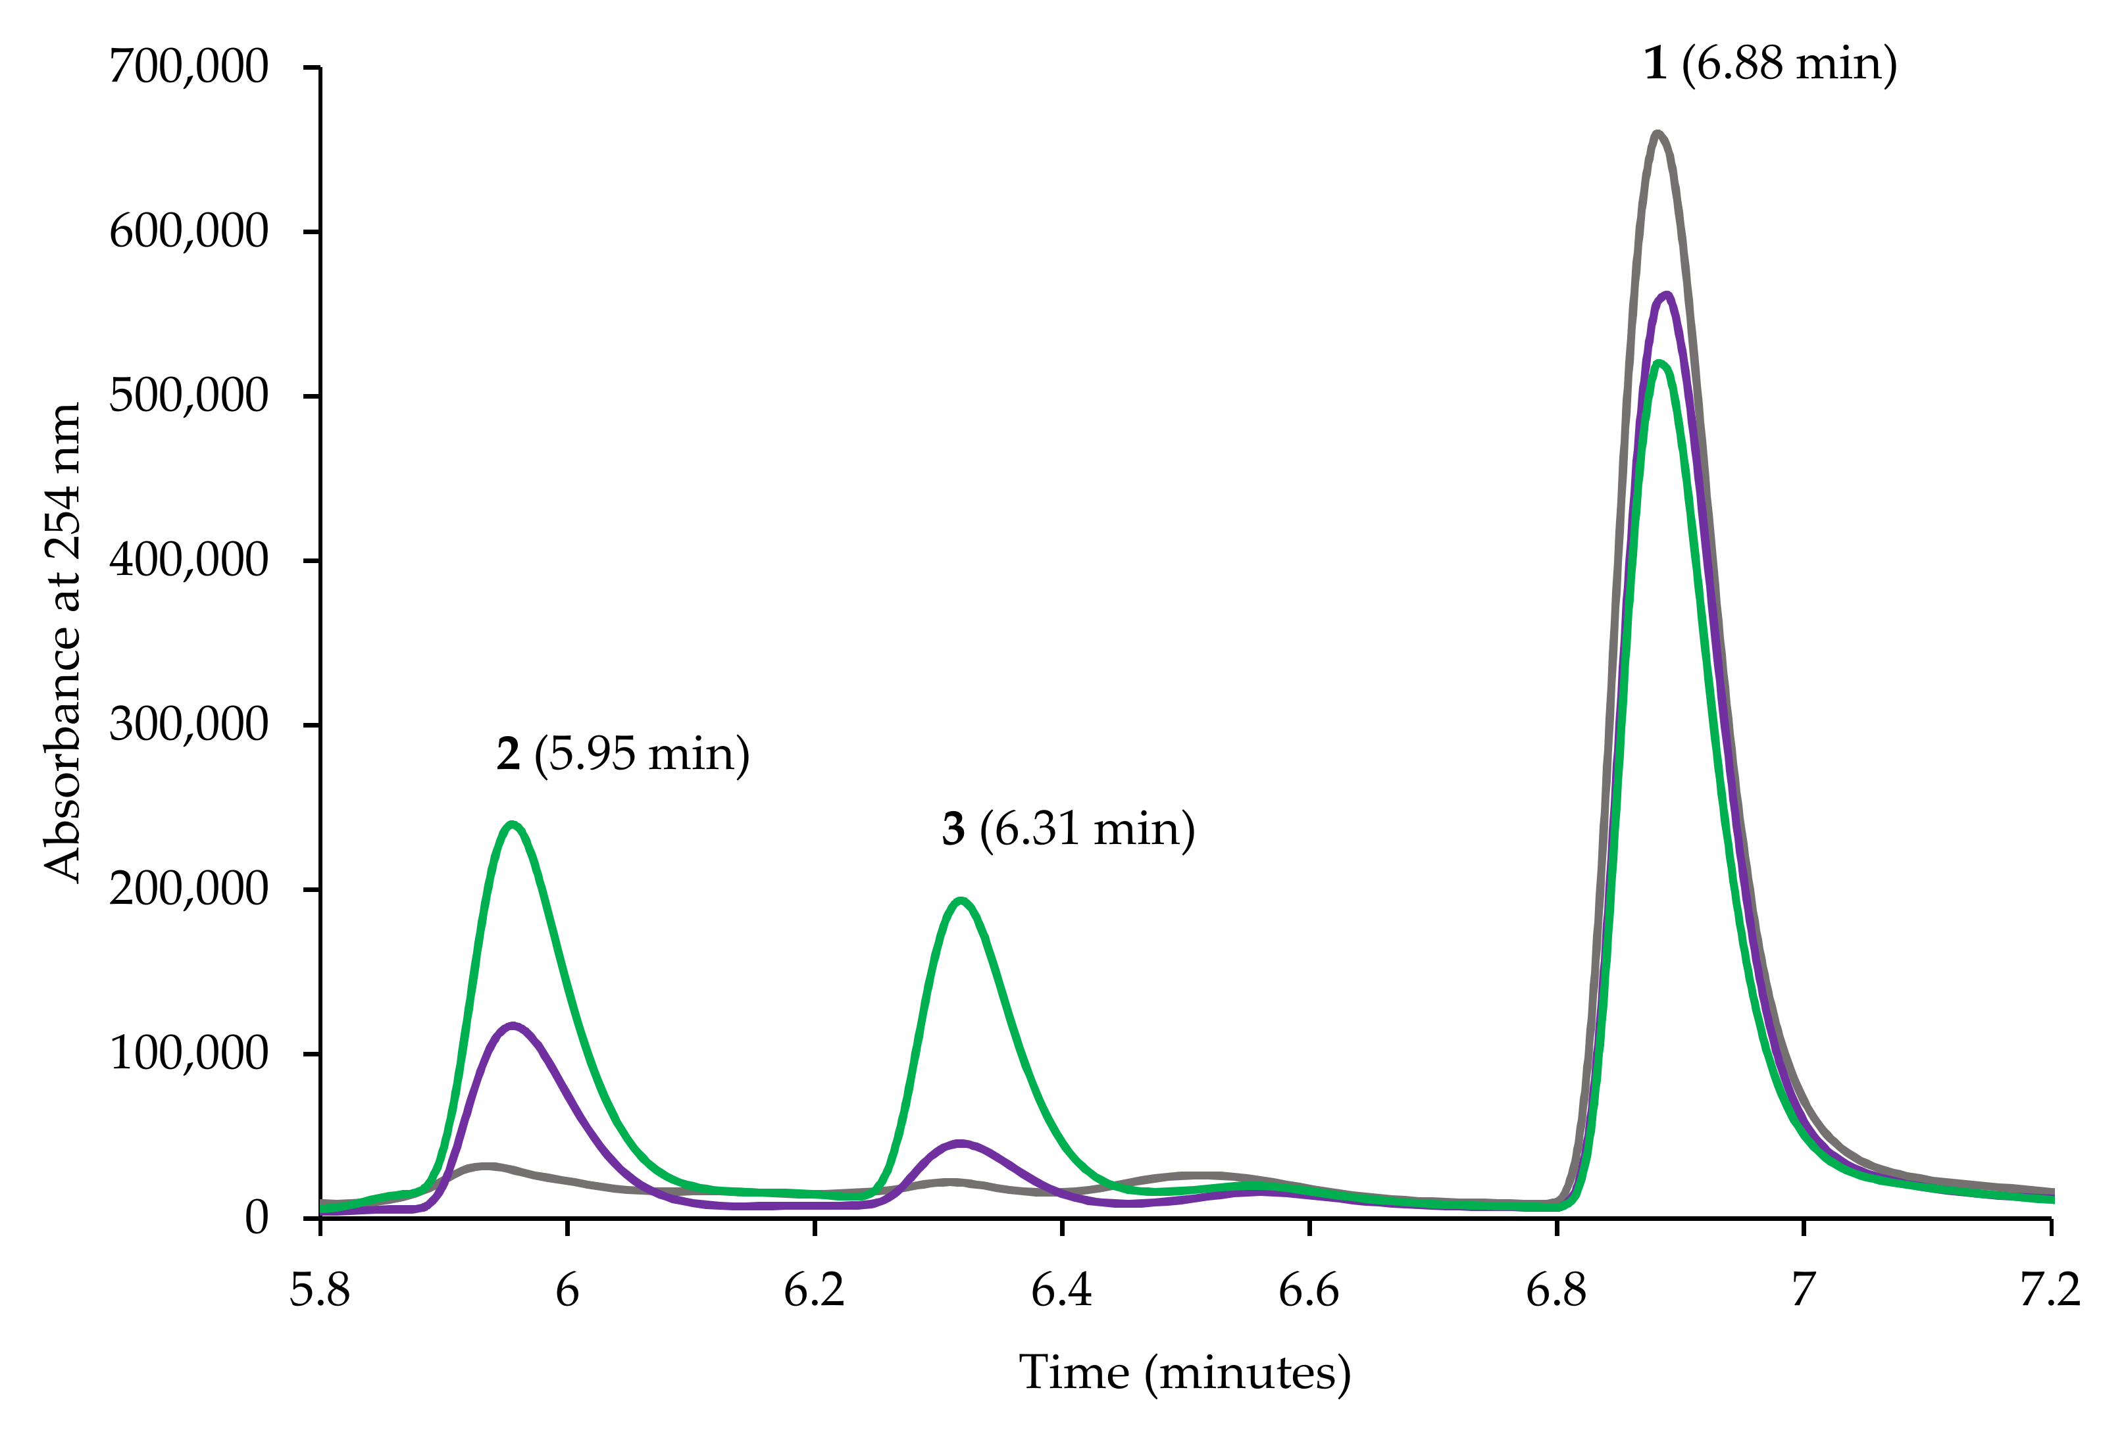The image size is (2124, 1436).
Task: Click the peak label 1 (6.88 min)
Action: pos(1770,65)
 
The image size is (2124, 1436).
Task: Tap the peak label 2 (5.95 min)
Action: pos(622,755)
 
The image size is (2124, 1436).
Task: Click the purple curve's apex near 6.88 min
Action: pos(1668,295)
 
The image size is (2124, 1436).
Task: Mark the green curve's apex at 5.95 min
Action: pos(512,825)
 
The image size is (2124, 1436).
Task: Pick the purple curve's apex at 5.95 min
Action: pos(512,1025)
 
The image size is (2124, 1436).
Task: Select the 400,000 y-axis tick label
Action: pos(188,560)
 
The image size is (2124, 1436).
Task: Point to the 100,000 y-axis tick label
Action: pos(188,1053)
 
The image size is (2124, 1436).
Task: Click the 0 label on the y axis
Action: pos(256,1218)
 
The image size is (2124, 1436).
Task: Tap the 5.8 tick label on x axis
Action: pos(320,1291)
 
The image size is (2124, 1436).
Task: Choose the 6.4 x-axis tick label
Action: pos(1061,1291)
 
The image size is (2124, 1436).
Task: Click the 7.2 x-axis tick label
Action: pos(2050,1291)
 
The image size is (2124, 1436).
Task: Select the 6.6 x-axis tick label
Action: pos(1308,1291)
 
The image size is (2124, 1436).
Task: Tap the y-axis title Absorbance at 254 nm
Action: pos(62,642)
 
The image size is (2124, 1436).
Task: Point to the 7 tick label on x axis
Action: pos(1802,1291)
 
